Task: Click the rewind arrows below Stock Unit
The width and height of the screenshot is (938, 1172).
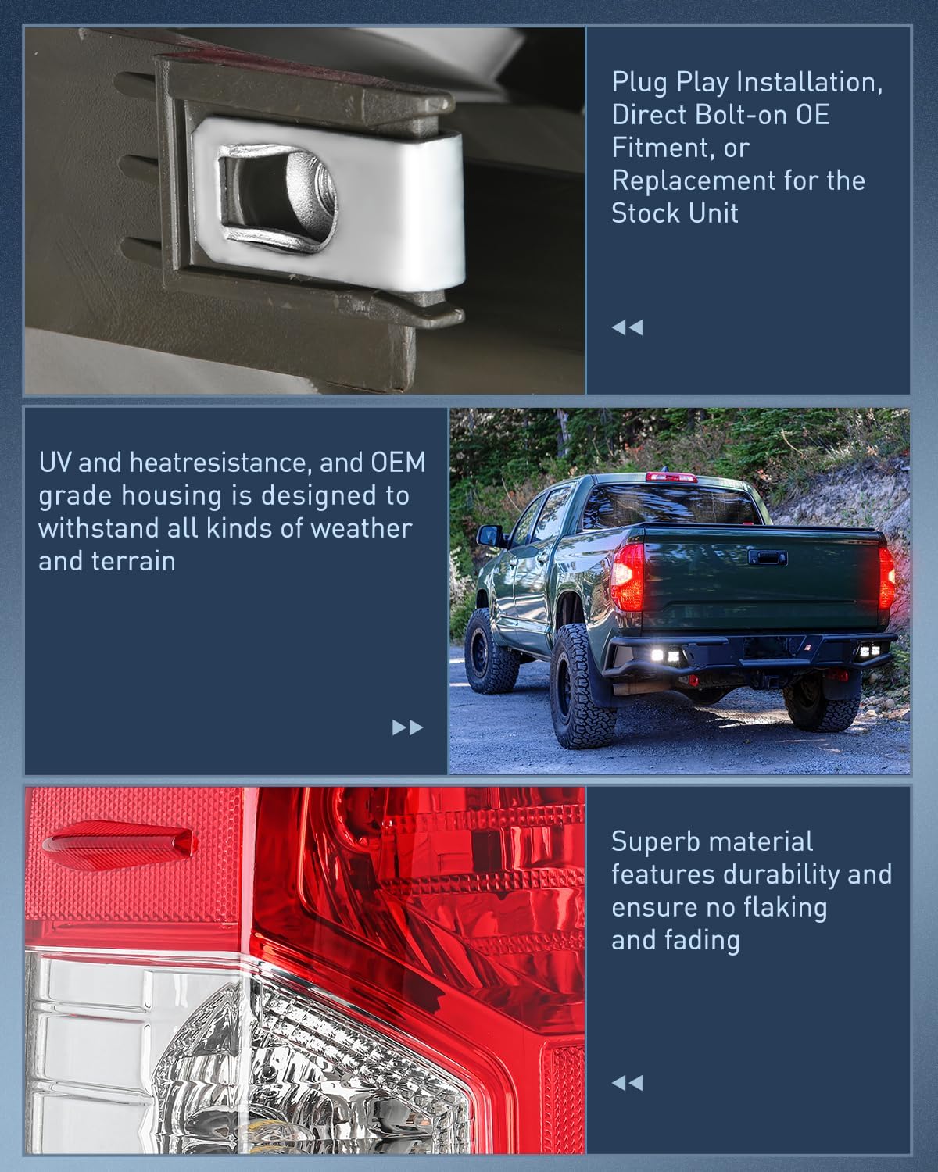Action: [x=628, y=327]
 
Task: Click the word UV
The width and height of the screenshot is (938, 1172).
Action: [x=55, y=463]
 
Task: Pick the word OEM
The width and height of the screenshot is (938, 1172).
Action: [x=399, y=463]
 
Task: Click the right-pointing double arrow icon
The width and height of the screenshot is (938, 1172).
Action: [x=408, y=727]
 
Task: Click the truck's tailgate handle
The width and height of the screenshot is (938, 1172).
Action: [x=768, y=558]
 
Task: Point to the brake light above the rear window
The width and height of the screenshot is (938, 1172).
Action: [x=671, y=477]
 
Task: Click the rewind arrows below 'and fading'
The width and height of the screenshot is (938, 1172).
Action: [x=628, y=1083]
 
